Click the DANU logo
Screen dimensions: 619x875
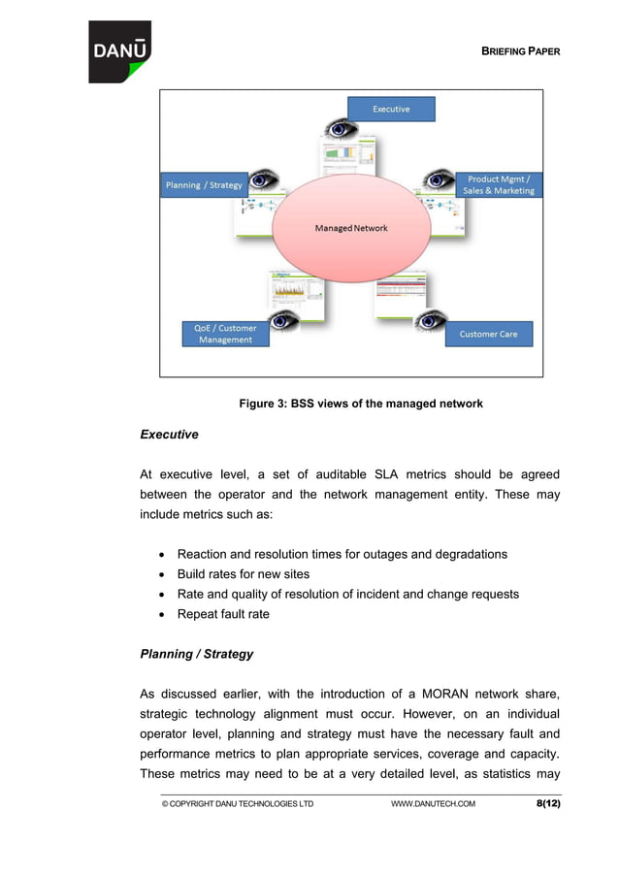coord(120,51)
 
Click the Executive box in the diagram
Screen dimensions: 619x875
coord(391,110)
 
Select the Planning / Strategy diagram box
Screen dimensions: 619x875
coord(205,185)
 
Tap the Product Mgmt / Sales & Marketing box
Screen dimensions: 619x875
coord(498,185)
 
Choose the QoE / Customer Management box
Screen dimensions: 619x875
coord(225,334)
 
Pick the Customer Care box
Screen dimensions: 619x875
coord(488,334)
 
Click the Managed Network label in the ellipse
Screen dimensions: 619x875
coord(351,228)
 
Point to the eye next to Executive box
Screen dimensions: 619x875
coord(341,128)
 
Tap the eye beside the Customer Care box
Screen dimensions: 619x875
coord(430,319)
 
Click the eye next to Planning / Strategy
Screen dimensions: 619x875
coord(264,179)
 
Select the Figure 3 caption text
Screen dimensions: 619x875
coord(361,404)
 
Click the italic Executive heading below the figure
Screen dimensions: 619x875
coord(169,435)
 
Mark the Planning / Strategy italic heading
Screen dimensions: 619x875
coord(197,654)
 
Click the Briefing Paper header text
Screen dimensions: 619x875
coord(521,51)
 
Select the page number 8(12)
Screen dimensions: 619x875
coord(548,803)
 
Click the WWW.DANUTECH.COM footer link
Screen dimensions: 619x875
coord(433,804)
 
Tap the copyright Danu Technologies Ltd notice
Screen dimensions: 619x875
coord(238,804)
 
